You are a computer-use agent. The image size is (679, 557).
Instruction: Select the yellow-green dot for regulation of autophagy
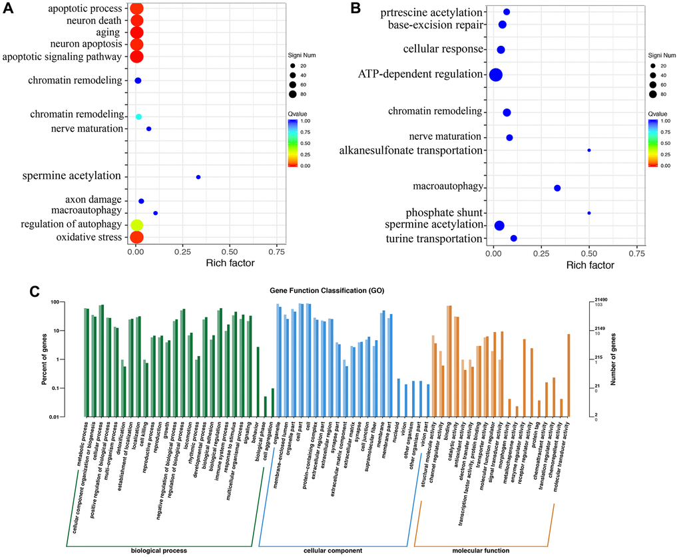[x=136, y=225]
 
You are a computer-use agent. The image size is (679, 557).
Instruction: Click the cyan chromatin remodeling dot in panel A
[x=138, y=116]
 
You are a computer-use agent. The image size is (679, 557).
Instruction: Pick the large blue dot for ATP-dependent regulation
[x=495, y=75]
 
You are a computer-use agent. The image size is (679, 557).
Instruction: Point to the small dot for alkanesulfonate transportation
[x=589, y=150]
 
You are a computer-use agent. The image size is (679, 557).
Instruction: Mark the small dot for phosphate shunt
[x=589, y=213]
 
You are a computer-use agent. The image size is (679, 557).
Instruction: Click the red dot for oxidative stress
[x=136, y=237]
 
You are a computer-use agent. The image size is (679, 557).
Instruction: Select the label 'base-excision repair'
[x=435, y=25]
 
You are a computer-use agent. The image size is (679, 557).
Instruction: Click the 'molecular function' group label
[x=481, y=550]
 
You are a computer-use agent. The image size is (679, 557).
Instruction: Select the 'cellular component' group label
[x=332, y=550]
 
